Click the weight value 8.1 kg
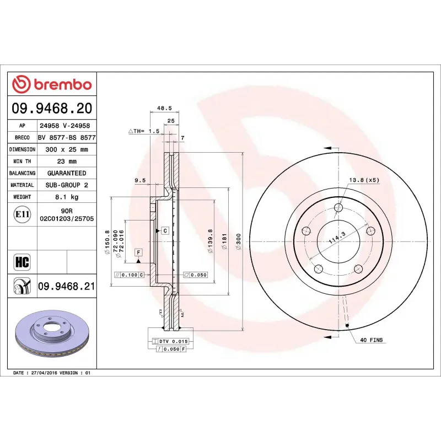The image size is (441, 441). click(x=66, y=197)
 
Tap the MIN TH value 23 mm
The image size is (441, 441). click(x=66, y=162)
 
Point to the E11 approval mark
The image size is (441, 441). click(x=22, y=214)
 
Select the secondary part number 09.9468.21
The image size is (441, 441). click(x=67, y=286)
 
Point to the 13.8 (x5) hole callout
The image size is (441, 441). click(x=364, y=180)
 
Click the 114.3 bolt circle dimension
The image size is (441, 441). click(x=336, y=239)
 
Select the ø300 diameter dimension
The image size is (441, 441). click(x=238, y=241)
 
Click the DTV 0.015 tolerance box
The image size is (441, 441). click(x=173, y=342)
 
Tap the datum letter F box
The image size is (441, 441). click(x=139, y=252)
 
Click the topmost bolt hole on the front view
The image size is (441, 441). click(x=338, y=208)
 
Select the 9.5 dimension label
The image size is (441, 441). click(x=139, y=180)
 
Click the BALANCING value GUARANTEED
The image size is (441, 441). click(x=66, y=173)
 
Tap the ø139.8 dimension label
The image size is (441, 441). click(x=210, y=241)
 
